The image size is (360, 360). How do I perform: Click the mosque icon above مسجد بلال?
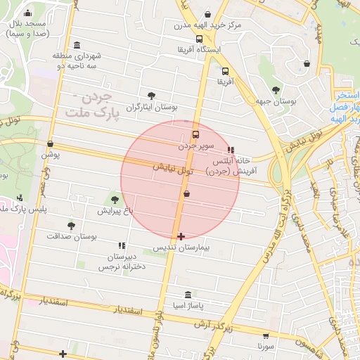click(27, 13)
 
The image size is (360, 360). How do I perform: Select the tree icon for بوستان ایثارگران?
click(151, 96)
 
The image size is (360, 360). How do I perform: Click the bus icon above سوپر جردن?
click(195, 134)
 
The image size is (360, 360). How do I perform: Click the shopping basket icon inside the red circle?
click(186, 193)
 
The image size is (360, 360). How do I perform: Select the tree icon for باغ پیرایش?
click(115, 201)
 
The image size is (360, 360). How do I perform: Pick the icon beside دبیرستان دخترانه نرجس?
click(122, 245)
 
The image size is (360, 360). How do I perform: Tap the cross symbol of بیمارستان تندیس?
click(181, 236)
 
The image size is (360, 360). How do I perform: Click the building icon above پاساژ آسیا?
click(187, 295)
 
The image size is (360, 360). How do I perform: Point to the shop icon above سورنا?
click(265, 337)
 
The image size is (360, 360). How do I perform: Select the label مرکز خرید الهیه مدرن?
click(208, 25)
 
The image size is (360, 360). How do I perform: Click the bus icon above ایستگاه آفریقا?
click(200, 39)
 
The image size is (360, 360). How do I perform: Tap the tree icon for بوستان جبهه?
click(275, 90)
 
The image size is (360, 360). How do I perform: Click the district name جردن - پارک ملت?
click(92, 105)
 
